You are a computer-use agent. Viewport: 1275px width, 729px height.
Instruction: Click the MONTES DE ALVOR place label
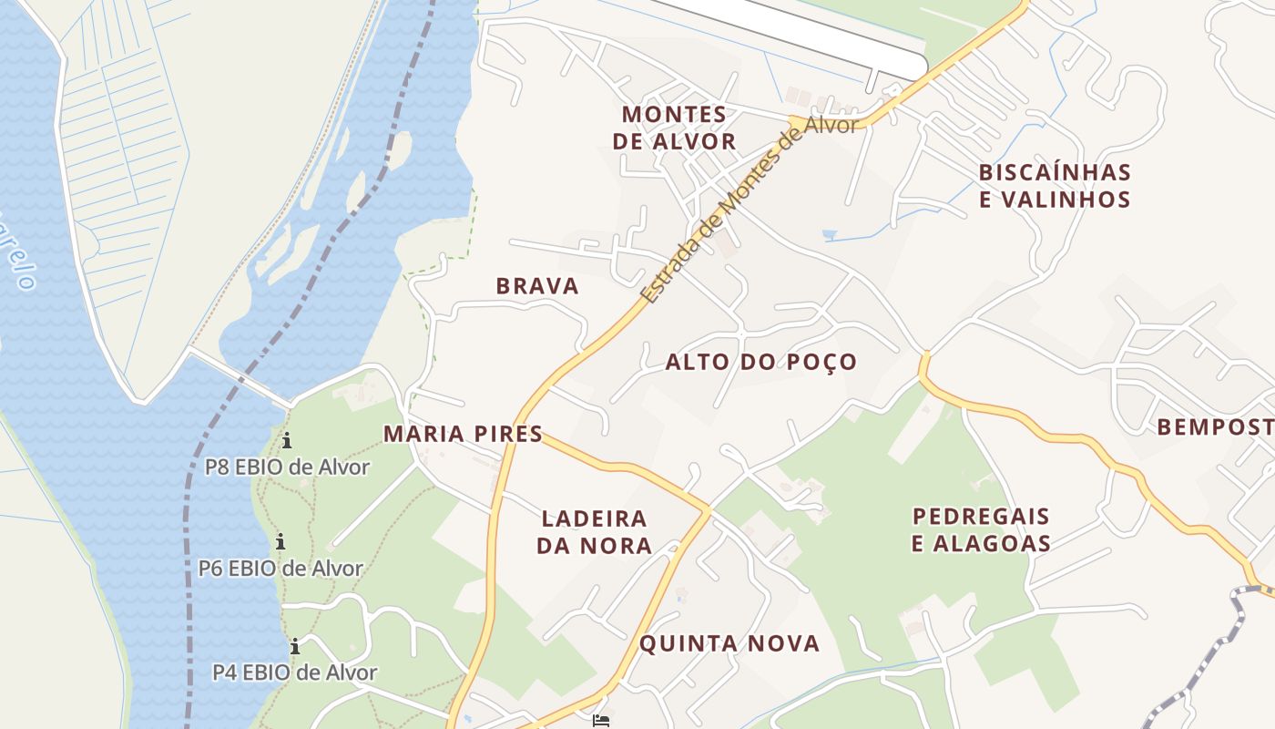click(674, 128)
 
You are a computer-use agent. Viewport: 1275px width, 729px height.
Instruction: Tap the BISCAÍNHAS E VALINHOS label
click(1055, 186)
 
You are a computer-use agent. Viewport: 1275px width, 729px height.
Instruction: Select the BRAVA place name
click(537, 286)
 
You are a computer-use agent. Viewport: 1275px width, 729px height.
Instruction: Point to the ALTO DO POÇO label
click(761, 362)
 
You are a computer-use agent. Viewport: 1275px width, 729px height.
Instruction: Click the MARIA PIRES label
click(463, 434)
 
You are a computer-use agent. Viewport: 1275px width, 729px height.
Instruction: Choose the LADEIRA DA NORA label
click(594, 532)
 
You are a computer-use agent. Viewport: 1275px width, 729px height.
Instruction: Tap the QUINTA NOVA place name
click(729, 643)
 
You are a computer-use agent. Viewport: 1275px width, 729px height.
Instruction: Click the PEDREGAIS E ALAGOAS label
click(982, 530)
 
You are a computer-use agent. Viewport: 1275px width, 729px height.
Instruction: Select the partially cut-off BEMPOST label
click(1215, 426)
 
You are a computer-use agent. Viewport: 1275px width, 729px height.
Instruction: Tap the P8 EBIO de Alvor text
click(287, 467)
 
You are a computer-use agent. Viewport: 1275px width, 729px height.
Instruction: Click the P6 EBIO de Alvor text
click(280, 569)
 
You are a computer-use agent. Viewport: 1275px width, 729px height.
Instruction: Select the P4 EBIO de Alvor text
click(294, 673)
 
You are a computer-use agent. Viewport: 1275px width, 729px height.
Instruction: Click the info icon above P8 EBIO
click(287, 441)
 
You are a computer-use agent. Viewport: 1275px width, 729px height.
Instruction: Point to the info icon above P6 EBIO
click(280, 541)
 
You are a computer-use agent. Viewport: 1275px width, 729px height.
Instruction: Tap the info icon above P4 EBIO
click(295, 647)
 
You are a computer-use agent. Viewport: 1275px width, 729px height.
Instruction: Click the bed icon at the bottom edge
click(601, 721)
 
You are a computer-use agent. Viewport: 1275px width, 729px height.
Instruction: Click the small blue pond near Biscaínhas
click(828, 235)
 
